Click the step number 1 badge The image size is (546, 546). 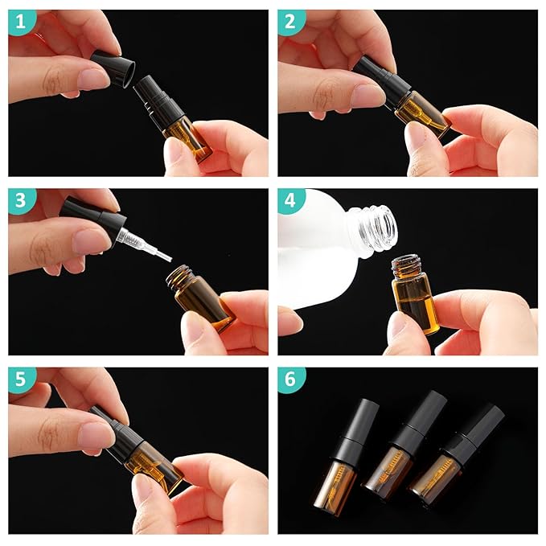21,23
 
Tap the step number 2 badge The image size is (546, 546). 291,23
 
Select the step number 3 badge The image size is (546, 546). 21,202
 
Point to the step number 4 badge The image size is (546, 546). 291,202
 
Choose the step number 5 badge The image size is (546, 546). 21,381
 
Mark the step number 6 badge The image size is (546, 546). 291,381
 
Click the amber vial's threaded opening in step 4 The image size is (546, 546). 407,264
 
